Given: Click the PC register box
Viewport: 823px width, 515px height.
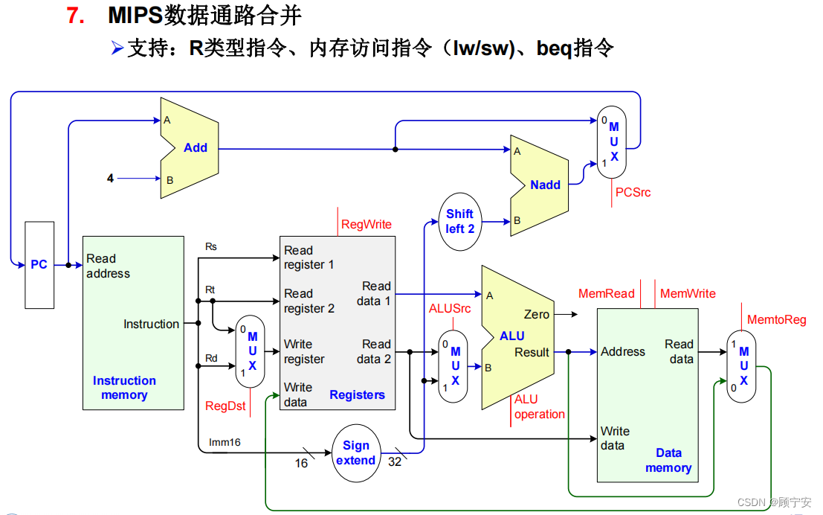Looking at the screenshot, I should (39, 264).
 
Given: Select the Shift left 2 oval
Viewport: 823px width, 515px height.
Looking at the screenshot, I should (460, 221).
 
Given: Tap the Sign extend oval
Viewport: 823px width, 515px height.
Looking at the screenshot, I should (356, 452).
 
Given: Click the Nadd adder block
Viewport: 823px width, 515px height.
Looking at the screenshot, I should (543, 185).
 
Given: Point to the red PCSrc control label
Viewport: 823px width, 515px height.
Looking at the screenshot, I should (633, 192).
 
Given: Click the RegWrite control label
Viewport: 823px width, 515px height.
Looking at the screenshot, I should (366, 224).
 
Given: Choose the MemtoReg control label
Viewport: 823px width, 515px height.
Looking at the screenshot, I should (776, 320).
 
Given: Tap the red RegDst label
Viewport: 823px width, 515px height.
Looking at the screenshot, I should (225, 406).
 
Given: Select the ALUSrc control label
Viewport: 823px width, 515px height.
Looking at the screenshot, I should (450, 309).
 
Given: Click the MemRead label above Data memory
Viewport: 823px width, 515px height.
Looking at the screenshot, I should (607, 294).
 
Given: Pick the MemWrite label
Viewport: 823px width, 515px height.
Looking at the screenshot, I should (688, 294).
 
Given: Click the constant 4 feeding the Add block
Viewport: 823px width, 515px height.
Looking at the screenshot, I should (111, 179).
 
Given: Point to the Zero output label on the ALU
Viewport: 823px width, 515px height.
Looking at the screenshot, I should (536, 315).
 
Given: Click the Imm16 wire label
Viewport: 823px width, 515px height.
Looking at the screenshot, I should (225, 442).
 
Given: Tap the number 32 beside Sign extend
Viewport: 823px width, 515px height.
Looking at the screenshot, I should (395, 463).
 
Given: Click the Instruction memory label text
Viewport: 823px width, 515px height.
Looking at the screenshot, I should (124, 388).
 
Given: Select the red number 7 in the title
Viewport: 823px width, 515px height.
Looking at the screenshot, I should (76, 15).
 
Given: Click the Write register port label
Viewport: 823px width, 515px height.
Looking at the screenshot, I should (303, 351).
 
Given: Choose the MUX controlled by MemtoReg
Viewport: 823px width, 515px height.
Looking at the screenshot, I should (741, 365).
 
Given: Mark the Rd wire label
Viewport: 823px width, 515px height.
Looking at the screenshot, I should (211, 359).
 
